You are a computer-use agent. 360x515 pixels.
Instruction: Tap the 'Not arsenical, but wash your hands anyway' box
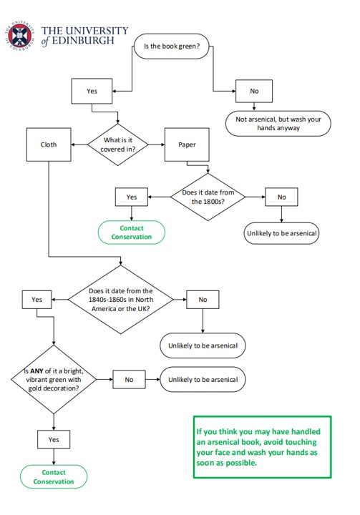tap(278, 124)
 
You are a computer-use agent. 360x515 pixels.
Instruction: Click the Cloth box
tap(48, 144)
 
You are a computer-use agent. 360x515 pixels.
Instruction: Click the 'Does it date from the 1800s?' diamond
tap(207, 197)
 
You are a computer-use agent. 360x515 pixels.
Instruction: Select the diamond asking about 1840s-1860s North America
tap(120, 300)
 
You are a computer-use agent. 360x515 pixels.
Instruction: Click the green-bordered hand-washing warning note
tap(261, 447)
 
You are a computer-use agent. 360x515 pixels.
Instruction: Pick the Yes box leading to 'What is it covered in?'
tap(92, 92)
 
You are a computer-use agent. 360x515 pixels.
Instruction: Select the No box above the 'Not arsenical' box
tap(254, 92)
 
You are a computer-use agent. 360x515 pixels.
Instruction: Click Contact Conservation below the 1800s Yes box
tap(131, 232)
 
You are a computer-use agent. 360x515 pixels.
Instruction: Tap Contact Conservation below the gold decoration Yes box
tap(54, 477)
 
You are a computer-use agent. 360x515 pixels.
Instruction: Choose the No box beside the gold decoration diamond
tap(130, 379)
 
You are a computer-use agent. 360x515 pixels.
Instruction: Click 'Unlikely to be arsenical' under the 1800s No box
tap(281, 233)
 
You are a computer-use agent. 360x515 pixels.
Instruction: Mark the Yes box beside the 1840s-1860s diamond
tap(37, 300)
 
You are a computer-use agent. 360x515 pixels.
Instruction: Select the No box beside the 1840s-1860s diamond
tap(203, 300)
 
